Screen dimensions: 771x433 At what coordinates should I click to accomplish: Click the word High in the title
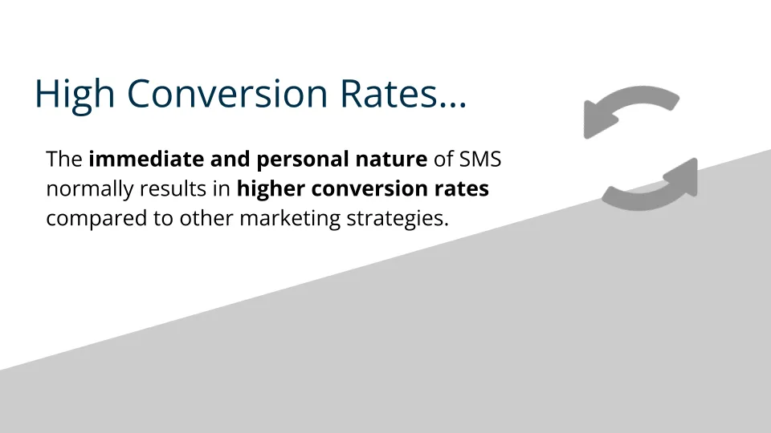pyautogui.click(x=75, y=95)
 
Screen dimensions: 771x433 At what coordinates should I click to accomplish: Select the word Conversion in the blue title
pyautogui.click(x=227, y=93)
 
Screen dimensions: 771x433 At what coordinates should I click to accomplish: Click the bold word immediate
pyautogui.click(x=146, y=159)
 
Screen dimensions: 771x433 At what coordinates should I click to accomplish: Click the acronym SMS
pyautogui.click(x=480, y=159)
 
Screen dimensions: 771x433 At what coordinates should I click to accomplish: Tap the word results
pyautogui.click(x=173, y=188)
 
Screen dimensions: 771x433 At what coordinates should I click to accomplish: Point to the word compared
pyautogui.click(x=96, y=219)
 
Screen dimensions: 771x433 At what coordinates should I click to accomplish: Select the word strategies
pyautogui.click(x=398, y=219)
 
